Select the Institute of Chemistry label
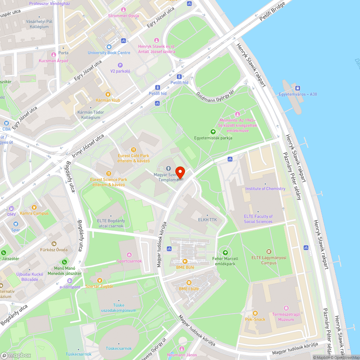265,189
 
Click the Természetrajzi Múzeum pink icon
286,308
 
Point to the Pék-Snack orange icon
255,313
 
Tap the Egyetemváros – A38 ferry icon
298,88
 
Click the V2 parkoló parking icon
120,65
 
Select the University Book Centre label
109,53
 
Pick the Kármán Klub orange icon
108,94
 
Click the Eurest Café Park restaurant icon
134,150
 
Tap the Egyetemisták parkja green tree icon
213,132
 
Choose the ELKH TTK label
208,219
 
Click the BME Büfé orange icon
185,261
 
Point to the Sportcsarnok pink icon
129,255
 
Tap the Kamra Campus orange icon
34,207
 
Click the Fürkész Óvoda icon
54,244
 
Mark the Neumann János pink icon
182,349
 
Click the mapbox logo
16,355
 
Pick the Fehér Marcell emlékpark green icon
225,253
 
